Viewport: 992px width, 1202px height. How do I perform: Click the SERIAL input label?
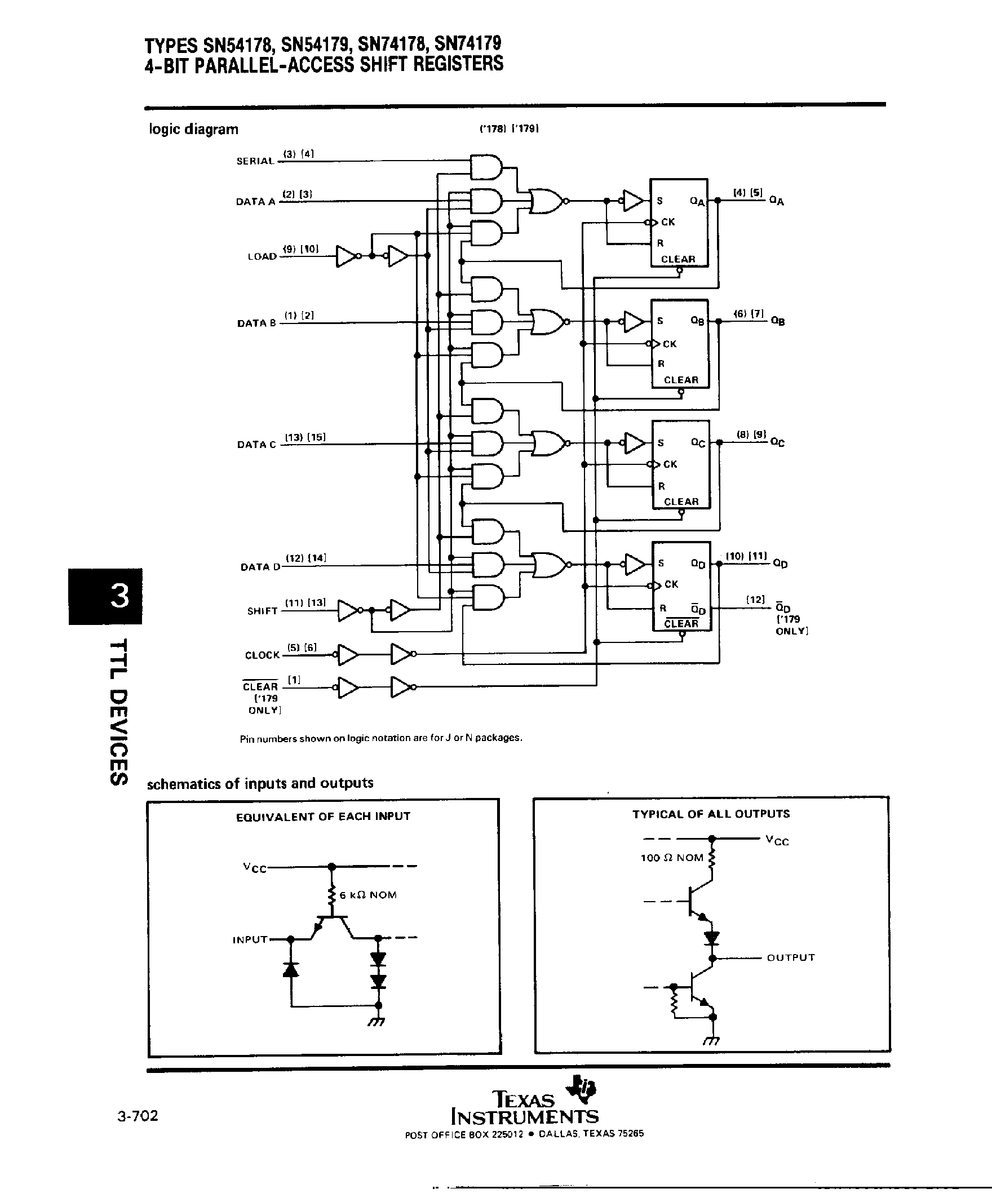click(255, 161)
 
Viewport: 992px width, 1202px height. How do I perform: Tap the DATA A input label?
click(255, 202)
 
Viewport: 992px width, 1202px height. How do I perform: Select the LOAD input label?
click(262, 256)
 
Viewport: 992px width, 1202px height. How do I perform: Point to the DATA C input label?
click(256, 445)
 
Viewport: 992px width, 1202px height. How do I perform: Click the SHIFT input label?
click(262, 611)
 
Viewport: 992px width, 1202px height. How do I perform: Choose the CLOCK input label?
click(262, 655)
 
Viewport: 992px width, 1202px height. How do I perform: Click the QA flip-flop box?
click(679, 223)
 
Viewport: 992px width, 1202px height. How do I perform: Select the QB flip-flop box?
click(680, 344)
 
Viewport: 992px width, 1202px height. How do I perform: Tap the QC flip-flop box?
click(681, 464)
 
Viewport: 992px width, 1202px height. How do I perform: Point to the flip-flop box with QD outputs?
click(681, 586)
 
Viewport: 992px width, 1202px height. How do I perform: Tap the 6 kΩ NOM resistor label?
click(368, 895)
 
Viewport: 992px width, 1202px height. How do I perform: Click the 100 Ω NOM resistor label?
click(671, 858)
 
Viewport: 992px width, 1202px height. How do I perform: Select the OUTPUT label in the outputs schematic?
click(790, 957)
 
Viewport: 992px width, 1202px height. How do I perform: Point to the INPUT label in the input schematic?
click(250, 939)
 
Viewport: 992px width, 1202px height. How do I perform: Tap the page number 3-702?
click(138, 1116)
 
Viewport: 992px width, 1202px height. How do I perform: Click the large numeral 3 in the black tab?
click(119, 596)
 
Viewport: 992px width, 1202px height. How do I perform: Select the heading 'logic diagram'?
click(193, 129)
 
